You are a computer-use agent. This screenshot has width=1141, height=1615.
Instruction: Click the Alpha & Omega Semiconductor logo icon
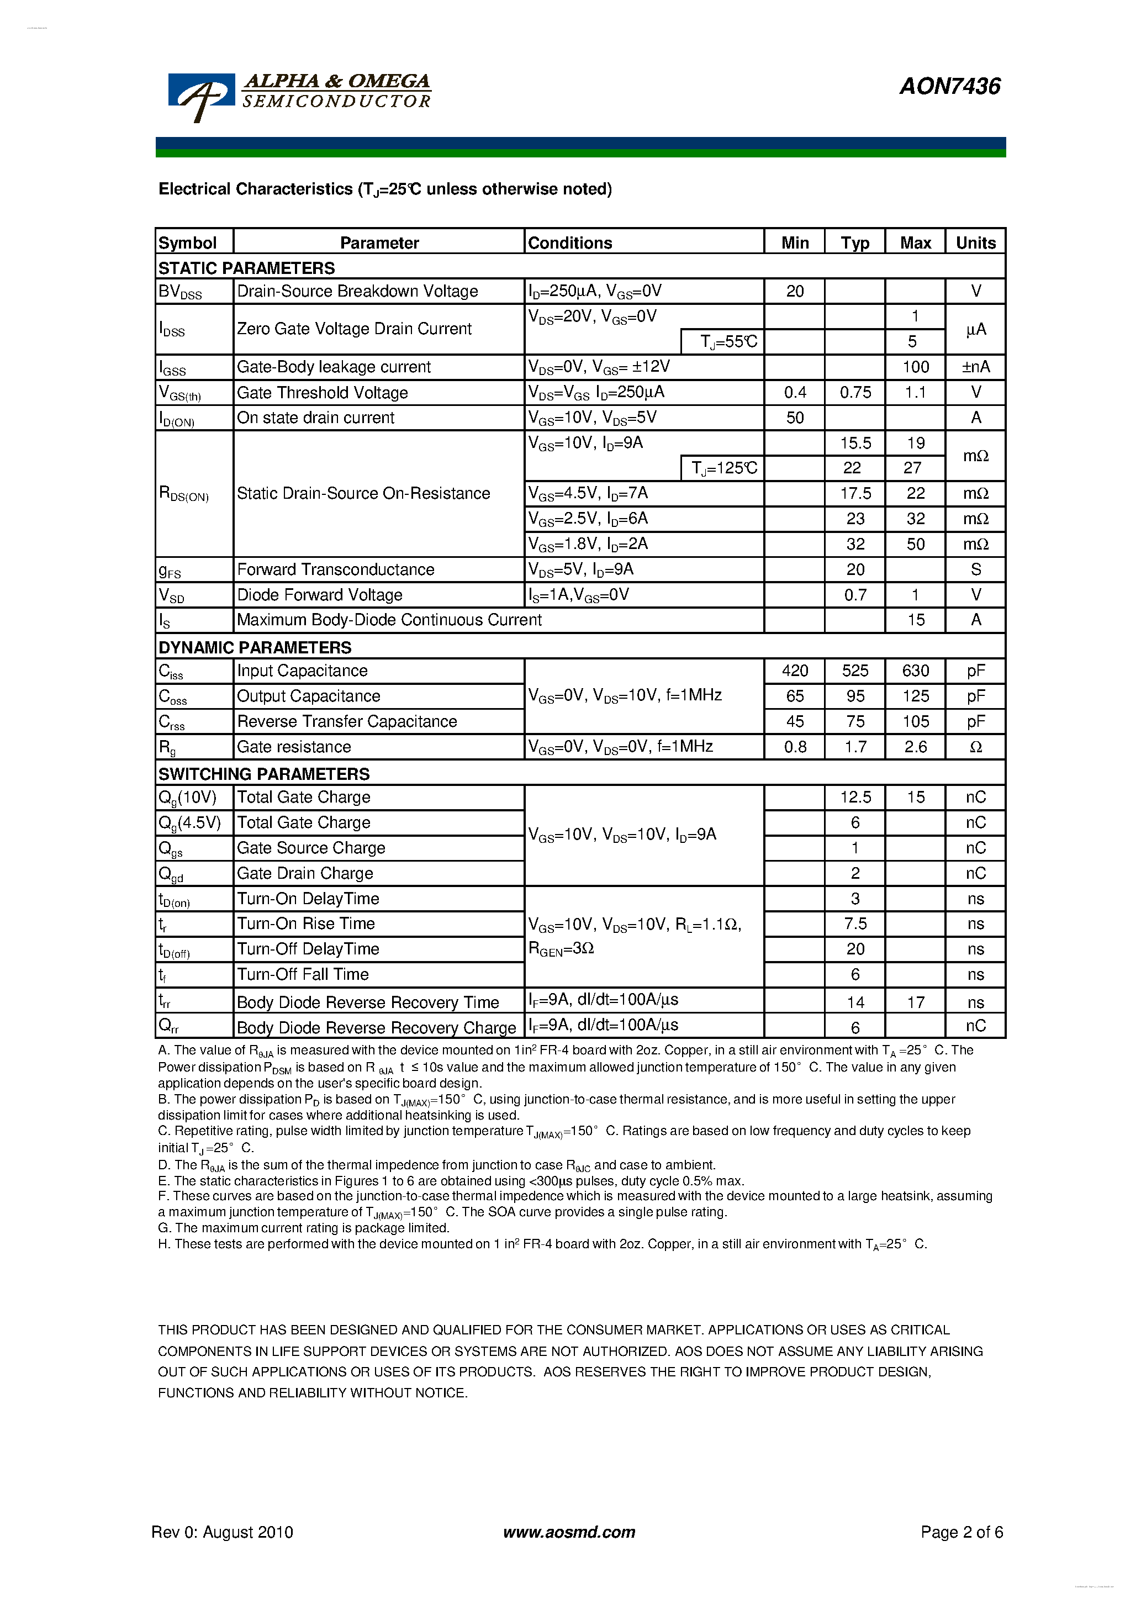point(201,95)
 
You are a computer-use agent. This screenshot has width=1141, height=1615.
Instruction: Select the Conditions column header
point(570,242)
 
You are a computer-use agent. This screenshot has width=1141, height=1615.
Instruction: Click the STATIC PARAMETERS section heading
point(246,268)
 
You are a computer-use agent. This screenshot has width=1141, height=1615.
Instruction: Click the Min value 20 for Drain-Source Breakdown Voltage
point(794,291)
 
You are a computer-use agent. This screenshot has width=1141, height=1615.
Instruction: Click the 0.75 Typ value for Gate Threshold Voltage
point(855,393)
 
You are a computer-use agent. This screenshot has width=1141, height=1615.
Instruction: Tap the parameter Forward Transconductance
point(336,570)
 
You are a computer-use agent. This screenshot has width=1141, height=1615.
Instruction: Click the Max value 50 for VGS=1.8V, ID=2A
point(915,545)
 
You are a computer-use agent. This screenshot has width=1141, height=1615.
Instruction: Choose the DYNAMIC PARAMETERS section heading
point(255,647)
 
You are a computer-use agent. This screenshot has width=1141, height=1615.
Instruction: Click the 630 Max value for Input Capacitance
point(915,671)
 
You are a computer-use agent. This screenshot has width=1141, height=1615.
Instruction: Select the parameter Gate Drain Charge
point(305,874)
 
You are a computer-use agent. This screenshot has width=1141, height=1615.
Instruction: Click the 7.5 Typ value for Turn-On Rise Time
point(855,924)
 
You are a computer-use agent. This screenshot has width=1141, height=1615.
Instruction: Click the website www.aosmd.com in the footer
point(569,1532)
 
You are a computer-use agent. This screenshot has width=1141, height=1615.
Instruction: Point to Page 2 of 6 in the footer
point(961,1532)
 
